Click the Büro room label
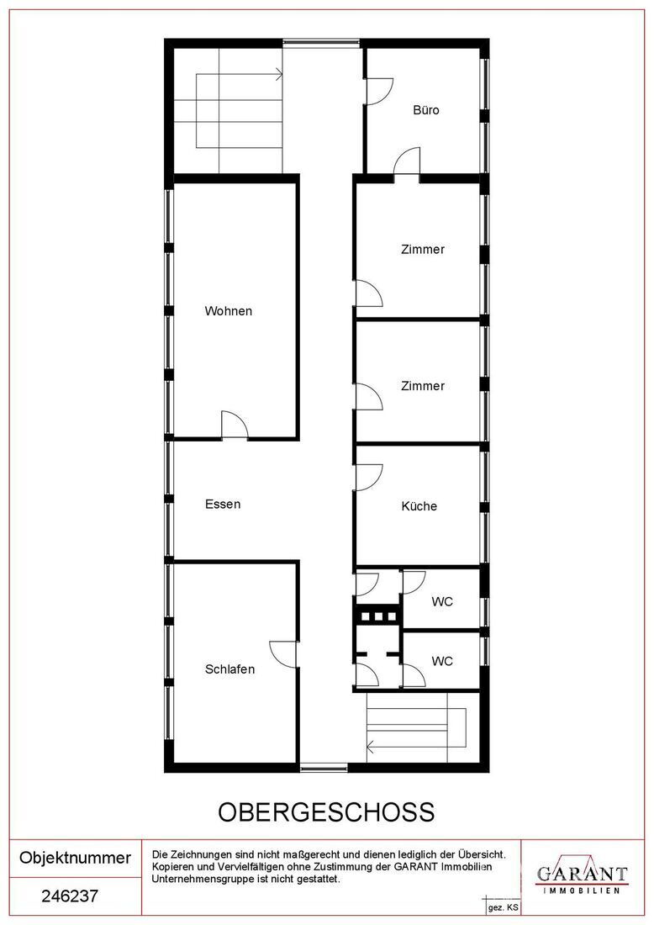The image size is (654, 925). [426, 110]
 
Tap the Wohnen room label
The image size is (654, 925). [228, 311]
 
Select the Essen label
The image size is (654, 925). [223, 505]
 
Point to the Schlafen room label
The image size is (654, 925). [230, 669]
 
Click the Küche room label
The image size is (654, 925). [419, 506]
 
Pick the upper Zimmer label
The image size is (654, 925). [423, 250]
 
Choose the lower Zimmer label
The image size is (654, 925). [423, 386]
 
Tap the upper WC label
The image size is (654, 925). [442, 602]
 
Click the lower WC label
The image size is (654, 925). [442, 661]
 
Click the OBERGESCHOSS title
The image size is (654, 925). [327, 812]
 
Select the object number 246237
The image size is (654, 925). [70, 896]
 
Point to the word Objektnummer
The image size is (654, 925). [75, 858]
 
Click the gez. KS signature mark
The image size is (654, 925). [503, 908]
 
